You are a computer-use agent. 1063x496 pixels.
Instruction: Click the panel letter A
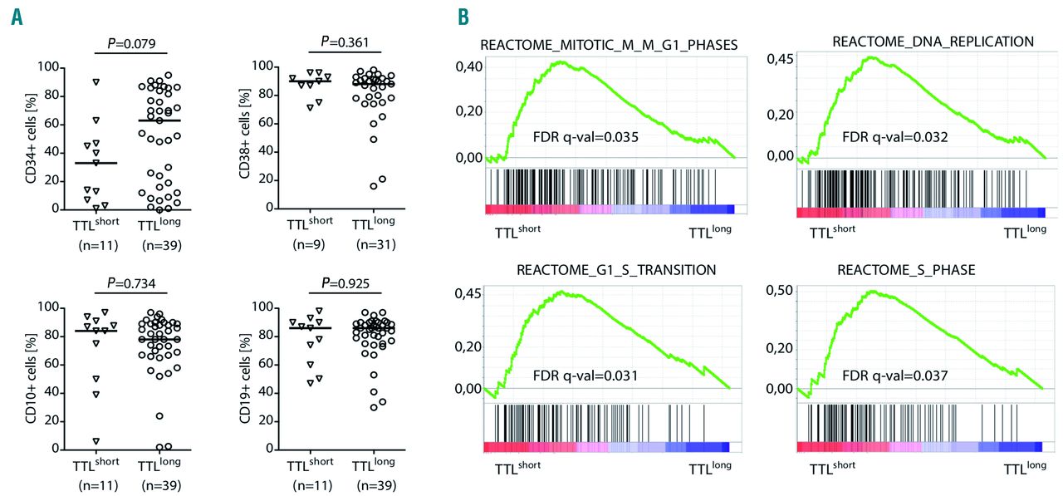17,17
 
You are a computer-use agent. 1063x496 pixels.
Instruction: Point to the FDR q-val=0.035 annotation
586,137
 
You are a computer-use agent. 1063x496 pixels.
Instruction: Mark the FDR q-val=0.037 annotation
894,375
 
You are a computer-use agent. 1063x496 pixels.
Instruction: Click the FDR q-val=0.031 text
585,376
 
